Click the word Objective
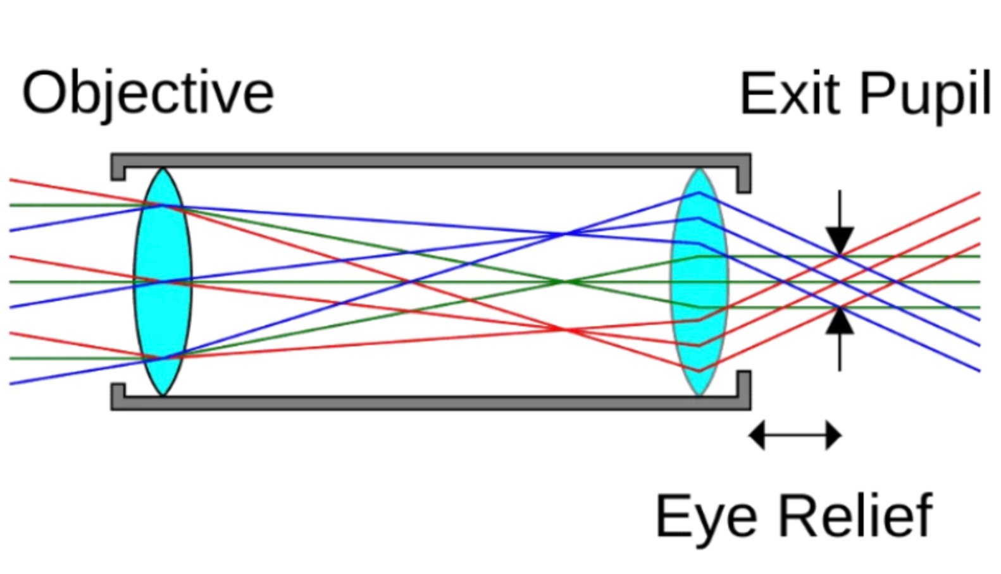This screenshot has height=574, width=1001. click(x=147, y=94)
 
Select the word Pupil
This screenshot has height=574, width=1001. click(x=924, y=95)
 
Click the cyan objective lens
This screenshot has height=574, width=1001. click(x=162, y=282)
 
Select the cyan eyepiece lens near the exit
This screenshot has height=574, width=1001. click(x=699, y=282)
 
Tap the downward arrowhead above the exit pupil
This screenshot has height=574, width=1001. click(x=840, y=240)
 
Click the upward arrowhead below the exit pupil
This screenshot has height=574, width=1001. click(x=840, y=321)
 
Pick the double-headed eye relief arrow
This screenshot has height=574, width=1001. click(x=795, y=436)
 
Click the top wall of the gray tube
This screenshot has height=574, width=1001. click(x=430, y=161)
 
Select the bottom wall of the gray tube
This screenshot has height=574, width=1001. click(x=430, y=403)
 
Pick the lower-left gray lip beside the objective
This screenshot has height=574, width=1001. click(x=118, y=395)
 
